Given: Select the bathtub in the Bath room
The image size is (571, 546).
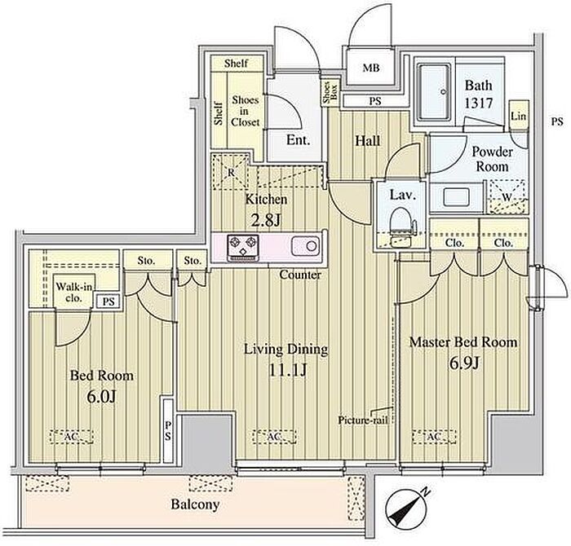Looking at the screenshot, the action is point(434,93).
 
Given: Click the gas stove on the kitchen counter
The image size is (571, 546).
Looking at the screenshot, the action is point(243,248).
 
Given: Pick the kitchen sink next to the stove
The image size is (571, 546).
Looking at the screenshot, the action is point(306,246).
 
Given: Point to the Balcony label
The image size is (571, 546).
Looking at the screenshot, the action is point(195,504).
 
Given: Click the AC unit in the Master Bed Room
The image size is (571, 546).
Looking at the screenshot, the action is point(434,437).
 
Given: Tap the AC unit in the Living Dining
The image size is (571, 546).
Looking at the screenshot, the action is point(275,437).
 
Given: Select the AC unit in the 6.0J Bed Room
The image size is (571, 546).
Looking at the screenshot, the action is point(72,437).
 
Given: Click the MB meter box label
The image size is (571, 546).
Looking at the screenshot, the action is point(371,68).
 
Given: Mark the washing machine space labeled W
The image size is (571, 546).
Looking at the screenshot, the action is point(507,196).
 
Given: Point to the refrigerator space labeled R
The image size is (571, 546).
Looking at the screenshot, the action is point(231,172).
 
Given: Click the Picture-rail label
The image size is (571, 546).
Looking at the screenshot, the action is point(363,421).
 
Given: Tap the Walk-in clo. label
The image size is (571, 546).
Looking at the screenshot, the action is point(74,292).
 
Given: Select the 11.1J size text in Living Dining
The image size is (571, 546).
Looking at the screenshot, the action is point(287,370).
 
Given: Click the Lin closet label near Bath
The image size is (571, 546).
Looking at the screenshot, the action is point(518,116).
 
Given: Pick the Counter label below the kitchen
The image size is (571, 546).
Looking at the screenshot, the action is point(300,275).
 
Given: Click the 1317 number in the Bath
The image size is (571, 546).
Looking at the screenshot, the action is point(479,103).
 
